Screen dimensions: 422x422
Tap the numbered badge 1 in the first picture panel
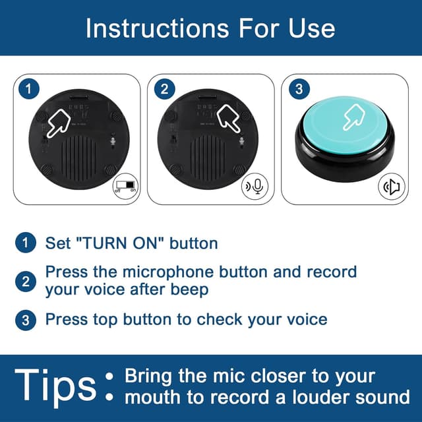pos(29,89)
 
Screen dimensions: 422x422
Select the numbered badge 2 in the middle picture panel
pos(164,89)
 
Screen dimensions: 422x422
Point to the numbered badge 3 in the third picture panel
pos(299,89)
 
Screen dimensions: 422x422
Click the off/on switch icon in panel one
pos(125,186)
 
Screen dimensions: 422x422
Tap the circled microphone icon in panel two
pos(255,186)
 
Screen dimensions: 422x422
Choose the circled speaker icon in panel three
pos(392,186)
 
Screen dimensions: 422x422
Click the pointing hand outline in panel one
pos(59,123)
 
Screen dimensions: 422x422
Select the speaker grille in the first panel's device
pos(78,159)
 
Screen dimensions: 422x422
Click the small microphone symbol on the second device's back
pos(242,140)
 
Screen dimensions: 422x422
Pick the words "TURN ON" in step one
pos(120,243)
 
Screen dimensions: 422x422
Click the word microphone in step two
pos(168,272)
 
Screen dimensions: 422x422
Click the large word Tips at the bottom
pos(55,386)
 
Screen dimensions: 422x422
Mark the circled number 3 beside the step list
pos(26,320)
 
